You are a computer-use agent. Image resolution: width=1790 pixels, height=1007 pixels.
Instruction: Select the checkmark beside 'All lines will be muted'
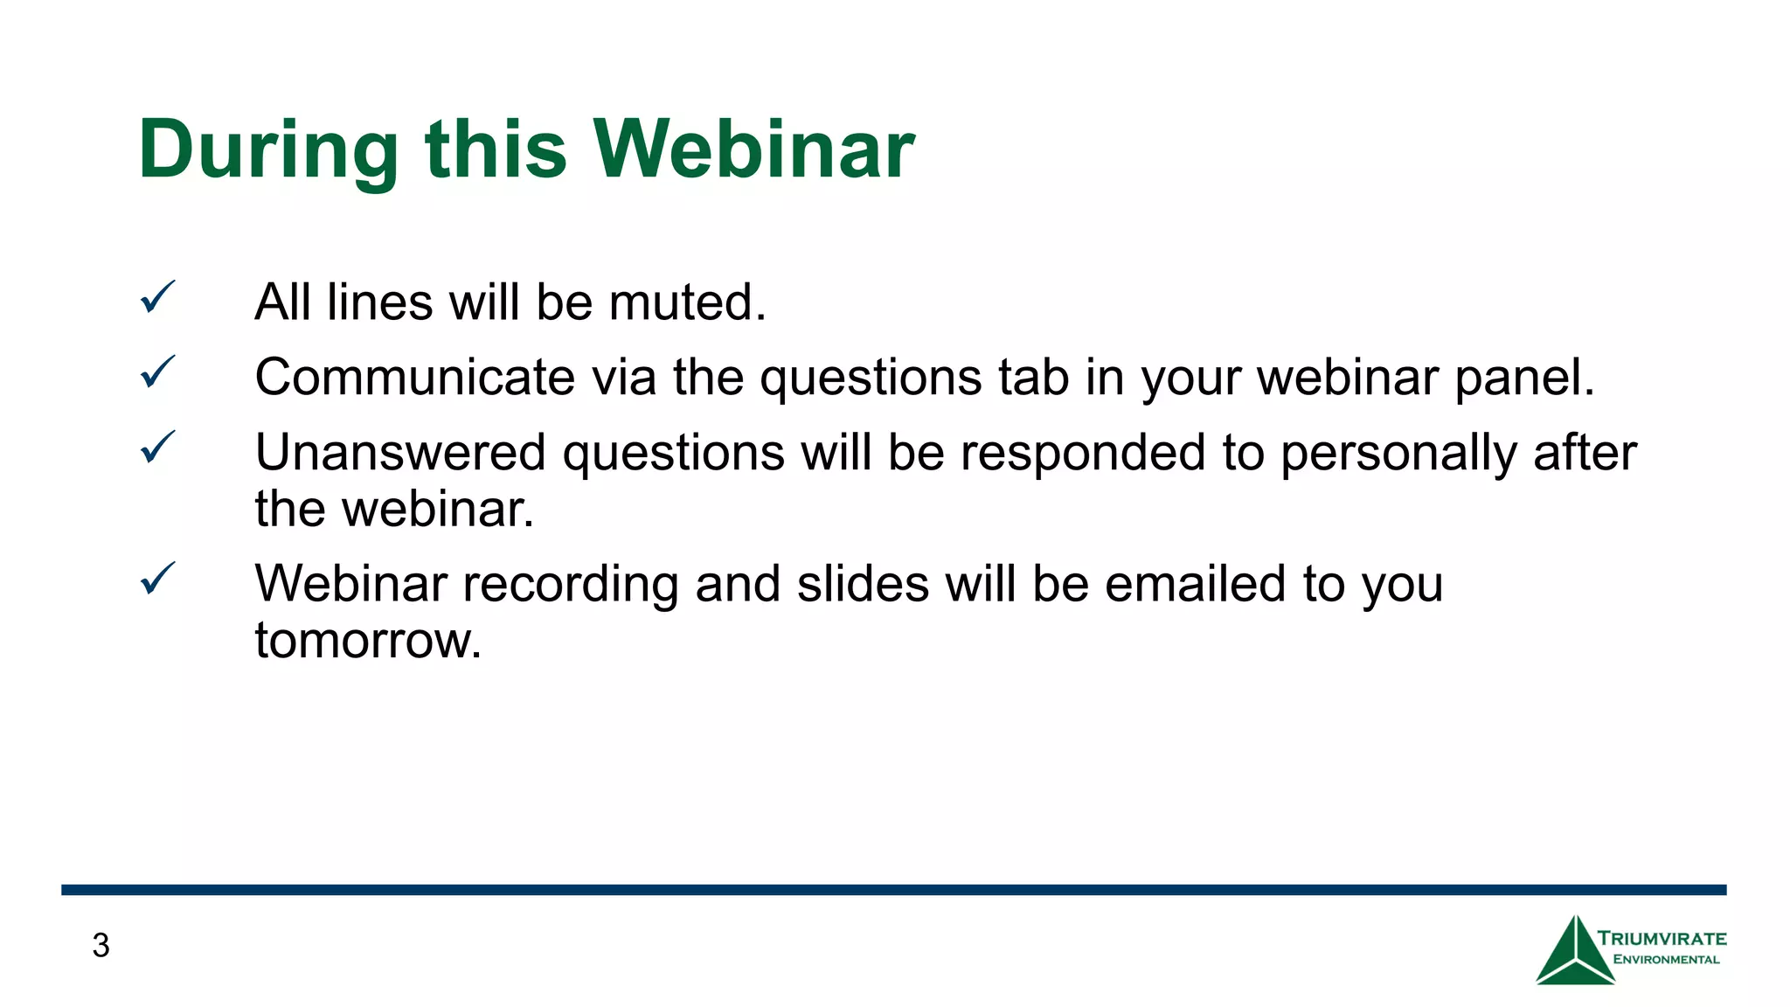click(157, 298)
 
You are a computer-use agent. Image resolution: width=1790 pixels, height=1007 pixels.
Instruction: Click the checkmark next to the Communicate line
click(157, 372)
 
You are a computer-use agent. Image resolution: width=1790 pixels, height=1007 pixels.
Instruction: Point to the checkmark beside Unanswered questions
click(157, 448)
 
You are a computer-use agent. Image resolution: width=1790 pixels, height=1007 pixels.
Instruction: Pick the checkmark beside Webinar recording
click(157, 579)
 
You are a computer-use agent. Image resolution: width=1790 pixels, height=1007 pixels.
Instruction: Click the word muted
click(687, 302)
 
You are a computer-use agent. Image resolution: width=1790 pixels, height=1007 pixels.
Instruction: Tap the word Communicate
click(414, 378)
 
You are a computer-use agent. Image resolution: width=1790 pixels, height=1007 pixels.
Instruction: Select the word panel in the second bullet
click(1524, 378)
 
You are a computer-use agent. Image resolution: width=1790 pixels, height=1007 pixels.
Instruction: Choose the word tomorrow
click(368, 641)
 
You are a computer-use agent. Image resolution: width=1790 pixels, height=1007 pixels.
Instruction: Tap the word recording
click(570, 586)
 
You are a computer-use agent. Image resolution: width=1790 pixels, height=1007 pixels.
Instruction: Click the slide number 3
click(101, 946)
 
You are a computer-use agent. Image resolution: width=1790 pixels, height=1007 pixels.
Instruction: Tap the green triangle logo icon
click(1575, 953)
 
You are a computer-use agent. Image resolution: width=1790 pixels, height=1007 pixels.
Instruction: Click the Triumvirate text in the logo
click(1662, 939)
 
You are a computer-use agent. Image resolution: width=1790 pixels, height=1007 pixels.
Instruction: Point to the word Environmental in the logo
click(1666, 960)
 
